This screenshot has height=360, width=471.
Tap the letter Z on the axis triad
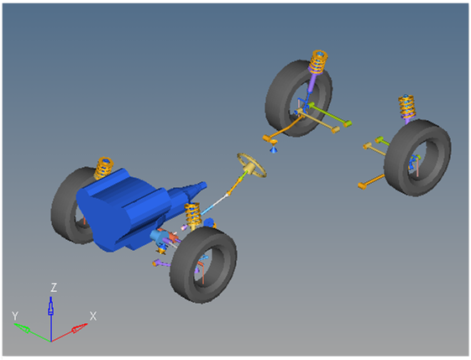point(54,287)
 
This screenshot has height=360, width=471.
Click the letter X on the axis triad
point(93,316)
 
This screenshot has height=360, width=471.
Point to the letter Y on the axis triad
point(15,316)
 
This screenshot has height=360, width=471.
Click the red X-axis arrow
point(70,332)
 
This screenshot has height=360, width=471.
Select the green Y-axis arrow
point(32,332)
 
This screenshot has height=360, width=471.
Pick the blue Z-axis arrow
point(50,319)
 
